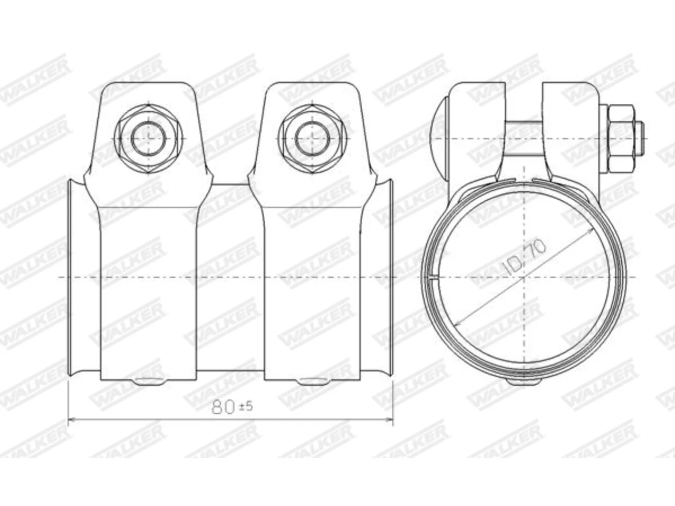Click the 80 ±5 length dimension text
232,407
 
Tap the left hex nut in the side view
149,139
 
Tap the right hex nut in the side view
313,139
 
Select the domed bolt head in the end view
440,139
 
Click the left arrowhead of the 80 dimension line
72,420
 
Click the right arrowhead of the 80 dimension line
389,420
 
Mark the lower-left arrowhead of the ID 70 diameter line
458,323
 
